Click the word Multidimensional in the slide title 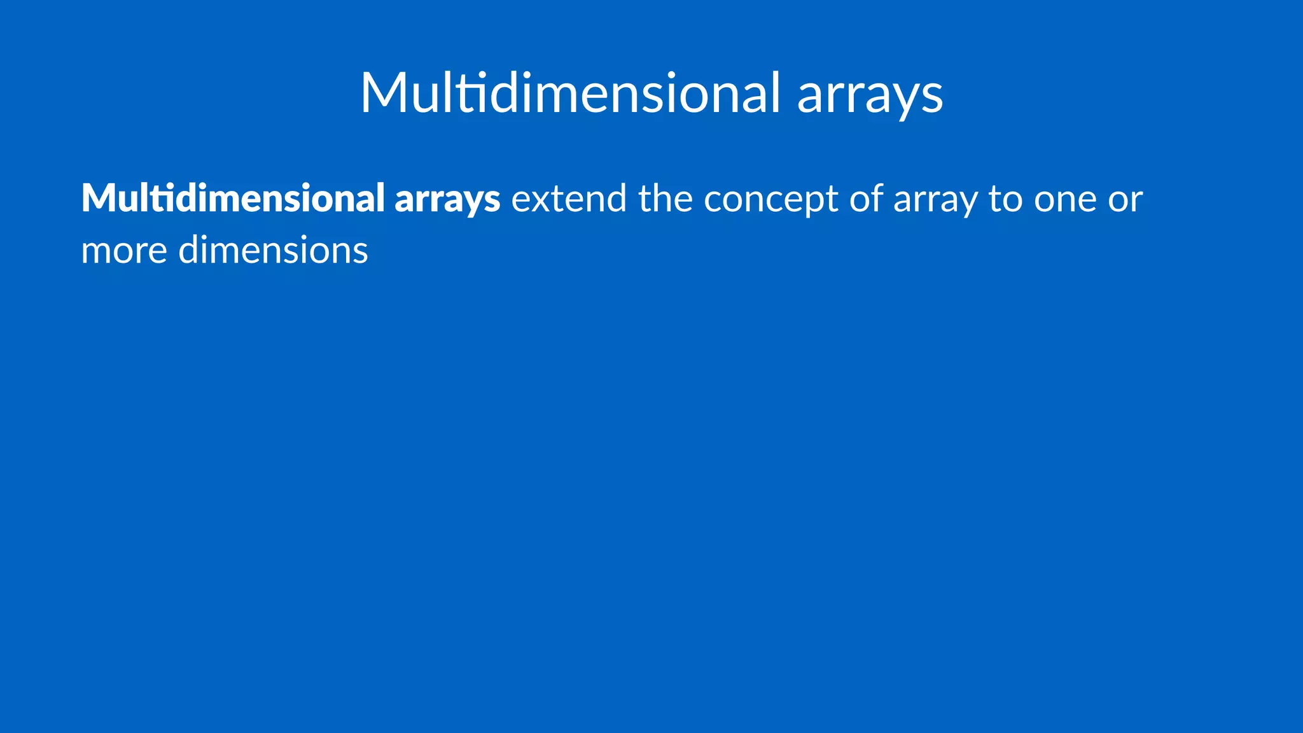point(569,93)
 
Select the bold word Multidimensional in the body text point(233,198)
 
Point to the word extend point(569,199)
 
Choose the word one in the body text point(1065,200)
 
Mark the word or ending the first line point(1125,200)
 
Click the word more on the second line point(124,250)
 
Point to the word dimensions point(273,250)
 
